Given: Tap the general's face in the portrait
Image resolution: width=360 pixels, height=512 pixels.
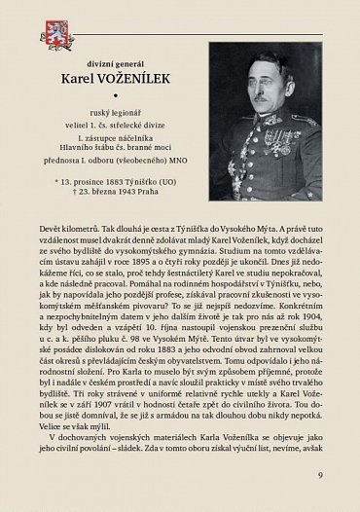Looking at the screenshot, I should (264, 81).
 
